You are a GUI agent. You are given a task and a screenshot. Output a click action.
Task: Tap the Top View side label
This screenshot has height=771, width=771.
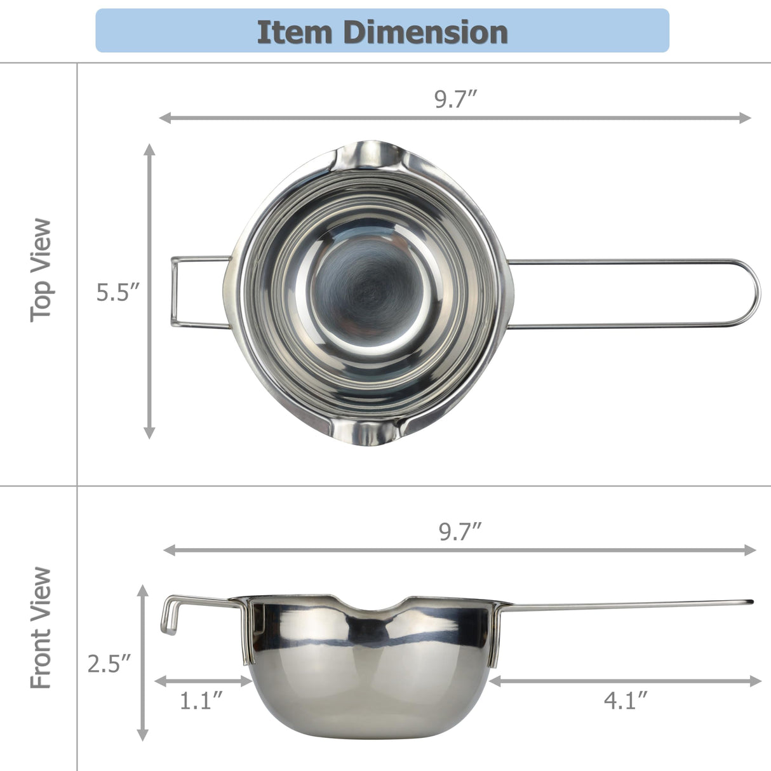pyautogui.click(x=41, y=270)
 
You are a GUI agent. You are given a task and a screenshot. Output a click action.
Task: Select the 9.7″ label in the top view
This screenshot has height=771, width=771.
pyautogui.click(x=455, y=100)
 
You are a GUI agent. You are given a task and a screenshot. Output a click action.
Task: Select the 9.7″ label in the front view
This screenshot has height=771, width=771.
pyautogui.click(x=460, y=532)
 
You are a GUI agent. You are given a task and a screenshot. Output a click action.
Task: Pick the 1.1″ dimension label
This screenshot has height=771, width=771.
pyautogui.click(x=201, y=701)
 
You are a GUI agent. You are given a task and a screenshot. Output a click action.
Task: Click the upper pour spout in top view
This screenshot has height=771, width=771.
pyautogui.click(x=368, y=156)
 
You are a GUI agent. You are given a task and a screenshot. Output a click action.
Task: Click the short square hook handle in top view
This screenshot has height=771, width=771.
pyautogui.click(x=175, y=292)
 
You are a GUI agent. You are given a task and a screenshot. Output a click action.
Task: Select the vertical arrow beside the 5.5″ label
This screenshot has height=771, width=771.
pyautogui.click(x=149, y=291)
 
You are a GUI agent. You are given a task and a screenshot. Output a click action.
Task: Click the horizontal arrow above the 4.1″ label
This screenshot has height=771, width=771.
pyautogui.click(x=626, y=681)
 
